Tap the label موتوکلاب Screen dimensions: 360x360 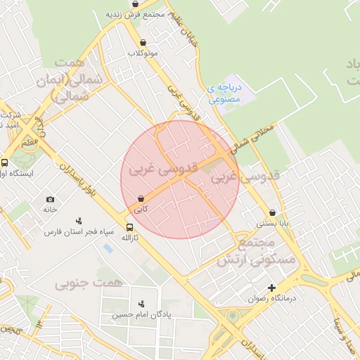point(143,53)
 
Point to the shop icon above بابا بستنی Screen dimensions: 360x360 point(272,212)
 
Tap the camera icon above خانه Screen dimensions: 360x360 point(49,200)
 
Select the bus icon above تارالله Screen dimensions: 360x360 point(129,227)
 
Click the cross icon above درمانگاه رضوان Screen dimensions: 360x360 point(272,287)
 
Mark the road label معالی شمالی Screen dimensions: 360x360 point(254,138)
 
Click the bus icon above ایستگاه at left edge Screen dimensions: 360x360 point(5,162)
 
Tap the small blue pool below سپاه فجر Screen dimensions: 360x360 point(108,247)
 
